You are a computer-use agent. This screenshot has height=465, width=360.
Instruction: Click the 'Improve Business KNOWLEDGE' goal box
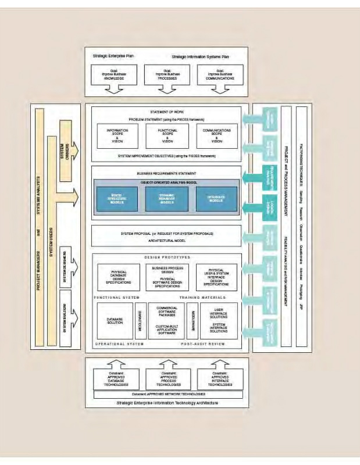[x=113, y=76]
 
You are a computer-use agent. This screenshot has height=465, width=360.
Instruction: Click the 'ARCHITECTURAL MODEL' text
[x=167, y=241]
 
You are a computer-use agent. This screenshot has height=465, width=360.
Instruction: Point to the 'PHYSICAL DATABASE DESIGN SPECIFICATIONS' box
[x=119, y=277]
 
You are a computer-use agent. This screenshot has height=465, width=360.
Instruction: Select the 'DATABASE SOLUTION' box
[x=115, y=320]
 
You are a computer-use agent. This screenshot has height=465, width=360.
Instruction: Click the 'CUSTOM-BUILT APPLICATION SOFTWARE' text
[x=167, y=329]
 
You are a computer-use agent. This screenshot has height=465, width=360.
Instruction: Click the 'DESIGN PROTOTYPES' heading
[x=167, y=256]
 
